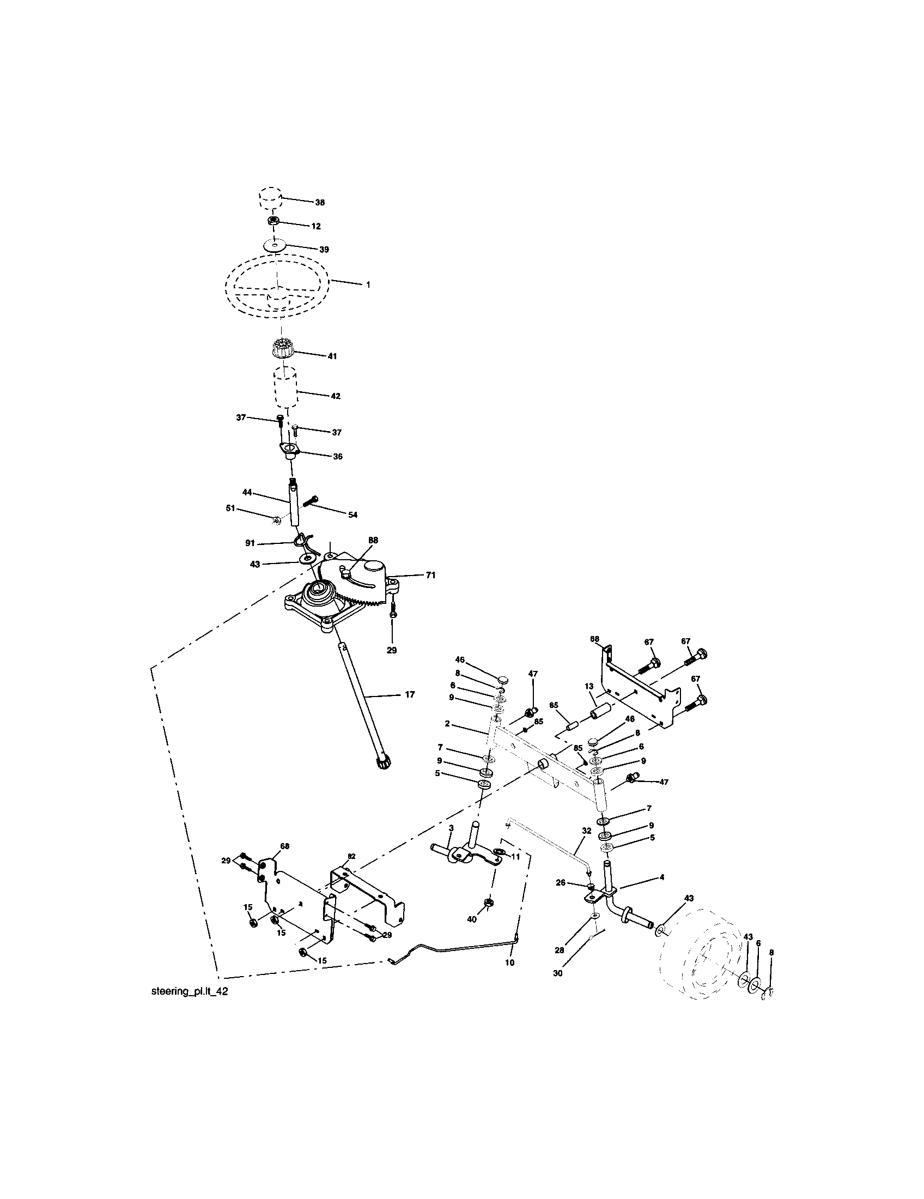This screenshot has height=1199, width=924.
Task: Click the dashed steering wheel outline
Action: click(277, 286)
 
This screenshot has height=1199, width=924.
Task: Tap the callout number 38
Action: click(319, 203)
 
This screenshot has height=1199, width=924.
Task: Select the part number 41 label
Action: click(332, 356)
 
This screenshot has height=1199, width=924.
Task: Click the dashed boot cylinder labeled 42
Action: click(285, 387)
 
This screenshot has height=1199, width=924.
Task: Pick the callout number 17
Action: click(409, 694)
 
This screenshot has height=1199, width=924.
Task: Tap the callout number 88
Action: click(373, 540)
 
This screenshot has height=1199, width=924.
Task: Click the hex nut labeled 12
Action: click(273, 221)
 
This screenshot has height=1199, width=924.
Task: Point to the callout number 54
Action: click(353, 515)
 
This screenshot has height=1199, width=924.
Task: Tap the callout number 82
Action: click(351, 856)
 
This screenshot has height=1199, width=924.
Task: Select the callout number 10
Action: click(510, 962)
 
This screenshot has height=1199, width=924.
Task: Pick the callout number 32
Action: click(587, 846)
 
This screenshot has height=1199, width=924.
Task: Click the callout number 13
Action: click(589, 686)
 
